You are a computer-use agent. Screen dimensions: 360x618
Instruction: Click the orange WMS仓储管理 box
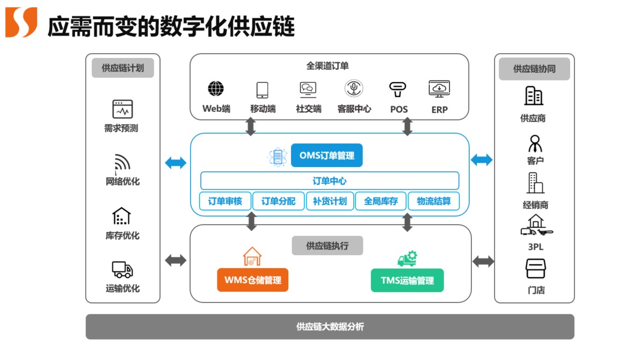(x=252, y=280)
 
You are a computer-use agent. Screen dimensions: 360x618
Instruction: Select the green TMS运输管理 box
(x=407, y=280)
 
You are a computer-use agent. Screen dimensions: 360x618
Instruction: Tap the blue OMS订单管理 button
(x=326, y=156)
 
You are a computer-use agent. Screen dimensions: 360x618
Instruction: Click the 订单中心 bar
(x=330, y=181)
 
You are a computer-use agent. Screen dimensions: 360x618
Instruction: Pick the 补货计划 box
(x=330, y=201)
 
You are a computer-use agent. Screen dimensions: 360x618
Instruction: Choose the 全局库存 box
(x=381, y=201)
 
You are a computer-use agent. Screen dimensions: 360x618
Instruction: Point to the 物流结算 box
(x=433, y=201)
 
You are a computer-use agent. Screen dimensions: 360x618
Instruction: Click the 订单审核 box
(x=225, y=201)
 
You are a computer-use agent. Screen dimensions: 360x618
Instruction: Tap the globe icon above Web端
(x=216, y=89)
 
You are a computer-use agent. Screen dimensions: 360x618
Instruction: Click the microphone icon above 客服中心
(x=354, y=88)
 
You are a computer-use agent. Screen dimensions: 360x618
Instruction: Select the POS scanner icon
(x=398, y=89)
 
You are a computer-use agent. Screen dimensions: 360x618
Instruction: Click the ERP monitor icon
(x=439, y=89)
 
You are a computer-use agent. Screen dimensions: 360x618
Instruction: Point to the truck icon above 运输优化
(x=122, y=269)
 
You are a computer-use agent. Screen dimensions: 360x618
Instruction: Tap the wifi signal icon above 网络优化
(x=122, y=162)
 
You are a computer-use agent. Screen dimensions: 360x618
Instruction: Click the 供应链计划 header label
(x=122, y=68)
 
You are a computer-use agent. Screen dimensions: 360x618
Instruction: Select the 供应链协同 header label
(x=534, y=69)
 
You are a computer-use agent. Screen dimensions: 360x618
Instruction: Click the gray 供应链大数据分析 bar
(x=330, y=326)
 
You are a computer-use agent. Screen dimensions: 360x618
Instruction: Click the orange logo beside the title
(x=21, y=23)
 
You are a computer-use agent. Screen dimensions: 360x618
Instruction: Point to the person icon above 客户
(x=535, y=143)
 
